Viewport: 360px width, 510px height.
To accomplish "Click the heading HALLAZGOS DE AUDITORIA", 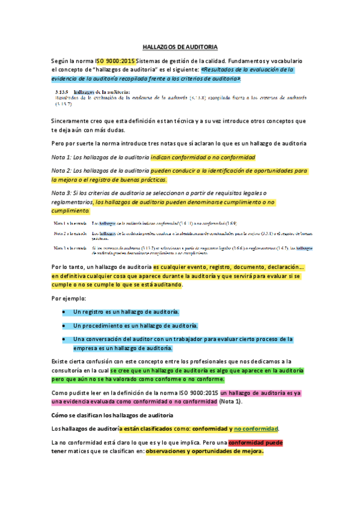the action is point(180,46).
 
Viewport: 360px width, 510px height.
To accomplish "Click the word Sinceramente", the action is point(70,120).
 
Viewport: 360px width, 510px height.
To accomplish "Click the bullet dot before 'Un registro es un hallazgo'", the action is point(64,312).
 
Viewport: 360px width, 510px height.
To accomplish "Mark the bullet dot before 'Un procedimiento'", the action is point(64,325).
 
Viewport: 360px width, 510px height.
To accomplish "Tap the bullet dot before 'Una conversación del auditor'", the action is point(64,339).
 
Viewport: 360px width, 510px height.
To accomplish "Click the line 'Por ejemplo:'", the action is point(69,298).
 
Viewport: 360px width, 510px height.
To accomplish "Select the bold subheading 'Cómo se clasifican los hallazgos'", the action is point(113,415).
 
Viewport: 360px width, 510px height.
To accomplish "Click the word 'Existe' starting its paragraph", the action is point(61,361).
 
